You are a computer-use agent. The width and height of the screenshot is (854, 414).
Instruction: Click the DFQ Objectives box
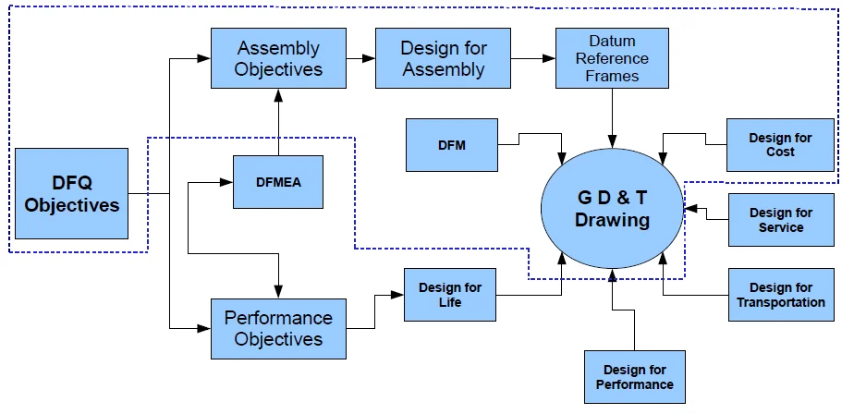click(71, 193)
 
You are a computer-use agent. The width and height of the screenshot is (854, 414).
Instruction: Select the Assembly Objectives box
click(278, 58)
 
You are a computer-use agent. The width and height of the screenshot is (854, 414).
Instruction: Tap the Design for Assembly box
click(443, 58)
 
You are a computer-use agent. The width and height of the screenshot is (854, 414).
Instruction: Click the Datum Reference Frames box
click(612, 58)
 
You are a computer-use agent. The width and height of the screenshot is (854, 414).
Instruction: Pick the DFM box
click(451, 145)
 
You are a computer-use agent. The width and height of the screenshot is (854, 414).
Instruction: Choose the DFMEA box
click(278, 182)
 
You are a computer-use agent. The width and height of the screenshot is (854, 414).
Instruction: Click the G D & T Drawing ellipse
click(613, 210)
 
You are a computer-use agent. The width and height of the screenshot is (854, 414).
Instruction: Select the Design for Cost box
click(780, 145)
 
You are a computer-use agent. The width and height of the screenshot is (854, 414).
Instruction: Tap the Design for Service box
click(780, 220)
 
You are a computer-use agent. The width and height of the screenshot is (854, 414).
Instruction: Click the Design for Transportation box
click(780, 295)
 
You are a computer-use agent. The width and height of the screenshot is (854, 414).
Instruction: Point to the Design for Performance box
click(635, 377)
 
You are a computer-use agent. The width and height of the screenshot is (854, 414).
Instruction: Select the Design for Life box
click(450, 295)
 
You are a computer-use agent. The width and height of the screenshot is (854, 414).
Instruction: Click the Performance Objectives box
click(278, 329)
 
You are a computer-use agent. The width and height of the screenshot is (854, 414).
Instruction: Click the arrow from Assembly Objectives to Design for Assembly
click(360, 58)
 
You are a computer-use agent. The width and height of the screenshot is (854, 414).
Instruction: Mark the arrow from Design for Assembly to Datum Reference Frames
click(532, 58)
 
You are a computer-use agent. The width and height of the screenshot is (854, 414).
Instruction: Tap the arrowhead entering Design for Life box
click(398, 295)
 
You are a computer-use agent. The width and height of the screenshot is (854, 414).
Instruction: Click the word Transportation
click(780, 302)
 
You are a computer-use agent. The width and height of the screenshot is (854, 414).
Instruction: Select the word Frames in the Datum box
click(612, 75)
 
